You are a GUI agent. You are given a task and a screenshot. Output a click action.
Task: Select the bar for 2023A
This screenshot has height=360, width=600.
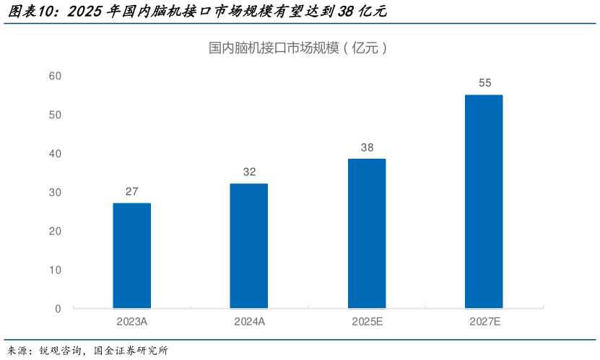[x=132, y=255]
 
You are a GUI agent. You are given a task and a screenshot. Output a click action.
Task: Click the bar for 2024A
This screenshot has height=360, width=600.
[x=249, y=246]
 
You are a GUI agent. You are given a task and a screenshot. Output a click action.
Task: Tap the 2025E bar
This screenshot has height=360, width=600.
[x=367, y=234]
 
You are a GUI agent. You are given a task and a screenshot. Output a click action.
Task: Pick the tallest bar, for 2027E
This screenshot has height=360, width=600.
[x=484, y=201]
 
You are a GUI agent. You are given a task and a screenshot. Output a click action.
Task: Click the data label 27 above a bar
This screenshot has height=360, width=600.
[x=132, y=191]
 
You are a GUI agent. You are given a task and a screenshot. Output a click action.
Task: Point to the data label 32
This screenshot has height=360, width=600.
[x=249, y=172]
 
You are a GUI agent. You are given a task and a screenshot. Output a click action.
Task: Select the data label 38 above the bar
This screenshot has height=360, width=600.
[x=367, y=147]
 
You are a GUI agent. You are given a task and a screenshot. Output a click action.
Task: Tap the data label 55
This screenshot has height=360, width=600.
[x=484, y=83]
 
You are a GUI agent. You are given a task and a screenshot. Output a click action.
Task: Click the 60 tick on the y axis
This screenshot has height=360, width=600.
[x=55, y=76]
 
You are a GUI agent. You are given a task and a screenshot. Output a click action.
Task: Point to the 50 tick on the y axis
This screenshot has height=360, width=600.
[x=55, y=115]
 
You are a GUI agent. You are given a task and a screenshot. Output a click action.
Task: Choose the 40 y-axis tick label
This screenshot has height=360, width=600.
[x=55, y=154]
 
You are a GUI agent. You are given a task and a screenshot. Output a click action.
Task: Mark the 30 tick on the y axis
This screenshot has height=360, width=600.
[x=55, y=193]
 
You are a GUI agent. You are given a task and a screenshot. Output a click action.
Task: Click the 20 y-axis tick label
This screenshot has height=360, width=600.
[x=55, y=231]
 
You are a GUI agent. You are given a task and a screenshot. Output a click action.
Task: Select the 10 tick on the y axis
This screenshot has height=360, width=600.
[x=55, y=270]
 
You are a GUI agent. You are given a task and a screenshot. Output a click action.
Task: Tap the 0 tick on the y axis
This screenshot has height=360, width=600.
[x=58, y=309]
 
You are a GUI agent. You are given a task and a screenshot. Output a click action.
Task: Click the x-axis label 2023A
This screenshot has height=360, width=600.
[x=132, y=322]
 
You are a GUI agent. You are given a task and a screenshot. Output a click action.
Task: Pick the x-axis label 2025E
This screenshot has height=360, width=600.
[x=367, y=322]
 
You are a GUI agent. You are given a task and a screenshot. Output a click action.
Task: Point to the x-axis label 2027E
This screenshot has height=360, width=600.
[x=484, y=322]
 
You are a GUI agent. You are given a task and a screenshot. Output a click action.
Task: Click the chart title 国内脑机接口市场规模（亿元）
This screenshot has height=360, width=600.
[x=299, y=48]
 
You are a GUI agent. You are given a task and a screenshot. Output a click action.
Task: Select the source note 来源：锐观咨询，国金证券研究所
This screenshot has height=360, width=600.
[x=87, y=351]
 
